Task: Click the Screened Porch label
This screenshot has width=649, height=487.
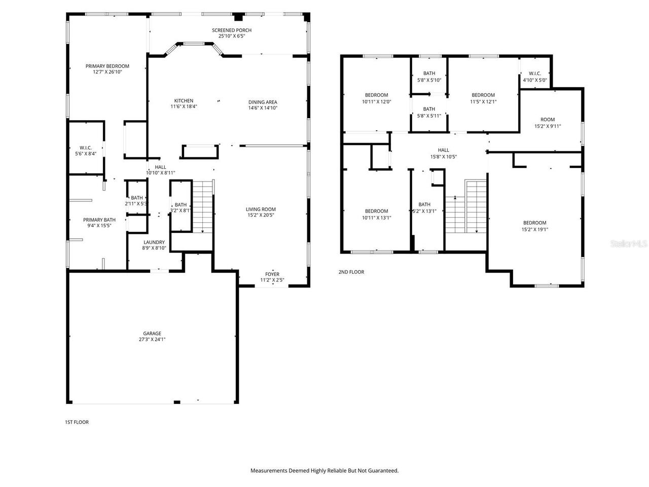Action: pyautogui.click(x=231, y=30)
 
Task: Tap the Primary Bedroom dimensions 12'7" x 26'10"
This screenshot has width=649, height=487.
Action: pyautogui.click(x=107, y=72)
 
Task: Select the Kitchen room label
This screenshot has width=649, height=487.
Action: pyautogui.click(x=184, y=101)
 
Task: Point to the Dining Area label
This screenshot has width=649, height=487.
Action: pyautogui.click(x=263, y=102)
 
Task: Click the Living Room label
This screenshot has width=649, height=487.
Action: pyautogui.click(x=261, y=210)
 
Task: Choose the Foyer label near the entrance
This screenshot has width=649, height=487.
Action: pyautogui.click(x=272, y=274)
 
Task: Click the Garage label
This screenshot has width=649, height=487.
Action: pyautogui.click(x=152, y=333)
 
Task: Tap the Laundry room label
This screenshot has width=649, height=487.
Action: pyautogui.click(x=154, y=242)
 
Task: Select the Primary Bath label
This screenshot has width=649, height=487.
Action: pyautogui.click(x=99, y=220)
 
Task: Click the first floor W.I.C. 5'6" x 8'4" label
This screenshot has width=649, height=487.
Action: pyautogui.click(x=86, y=148)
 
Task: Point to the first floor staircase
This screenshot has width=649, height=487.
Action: pyautogui.click(x=203, y=206)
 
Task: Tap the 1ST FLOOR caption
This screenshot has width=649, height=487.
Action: pyautogui.click(x=77, y=422)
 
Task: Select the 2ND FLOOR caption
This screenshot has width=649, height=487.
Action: pyautogui.click(x=351, y=272)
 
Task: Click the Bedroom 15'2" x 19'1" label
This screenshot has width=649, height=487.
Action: pyautogui.click(x=534, y=223)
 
